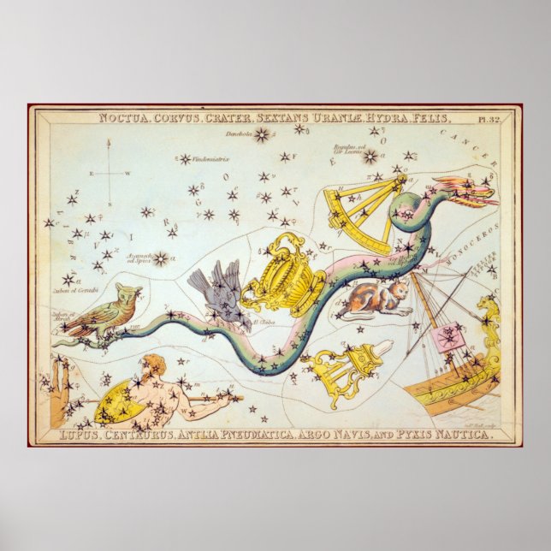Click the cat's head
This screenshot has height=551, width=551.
point(399,293)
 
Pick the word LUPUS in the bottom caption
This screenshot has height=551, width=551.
point(81,435)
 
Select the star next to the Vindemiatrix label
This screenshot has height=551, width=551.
point(184,159)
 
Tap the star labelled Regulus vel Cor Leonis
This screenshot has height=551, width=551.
point(370,157)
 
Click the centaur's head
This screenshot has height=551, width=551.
point(148,364)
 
